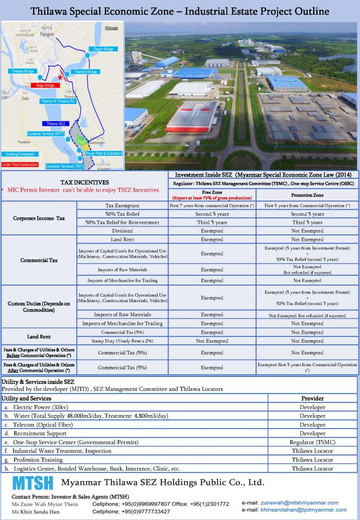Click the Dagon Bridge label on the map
pos(103,49)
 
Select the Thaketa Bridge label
pos(23,71)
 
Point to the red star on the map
pos(60,77)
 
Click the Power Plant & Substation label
pos(104,153)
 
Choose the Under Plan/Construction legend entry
pos(20,165)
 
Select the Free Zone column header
pos(212,195)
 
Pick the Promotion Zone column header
pos(307,195)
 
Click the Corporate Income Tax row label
pos(39,218)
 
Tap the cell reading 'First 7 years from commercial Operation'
pos(212,205)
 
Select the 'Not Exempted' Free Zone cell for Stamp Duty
pos(212,341)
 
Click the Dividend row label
pos(122,231)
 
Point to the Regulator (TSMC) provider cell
pos(312,442)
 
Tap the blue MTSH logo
pos(33,483)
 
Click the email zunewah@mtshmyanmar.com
pos(299,503)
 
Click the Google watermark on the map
pos(111,28)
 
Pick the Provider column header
pos(312,398)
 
